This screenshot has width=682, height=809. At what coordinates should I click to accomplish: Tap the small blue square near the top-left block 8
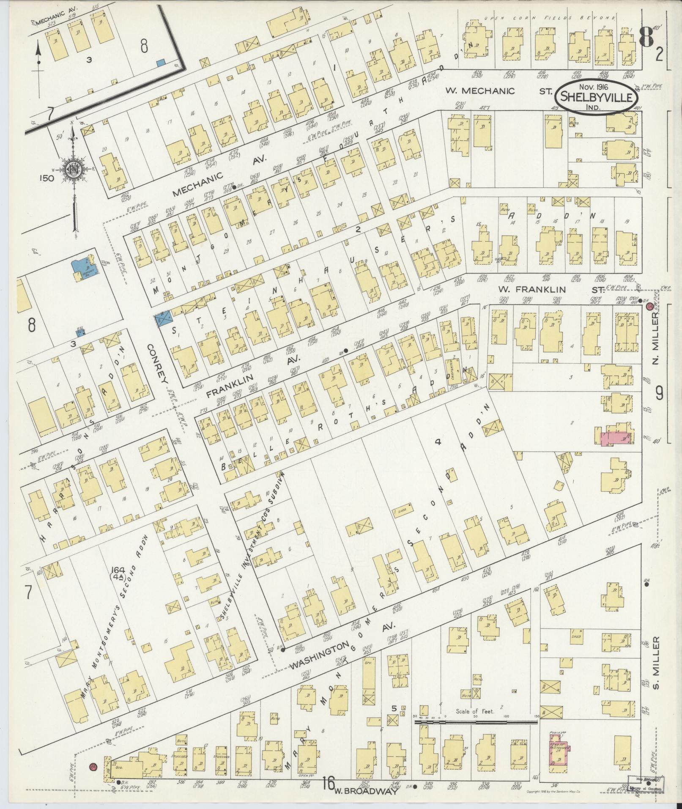click(x=160, y=63)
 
